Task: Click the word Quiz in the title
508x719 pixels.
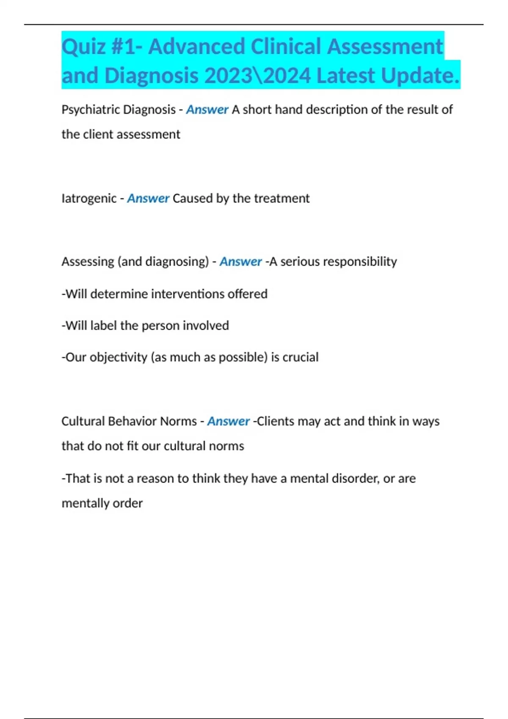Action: point(83,47)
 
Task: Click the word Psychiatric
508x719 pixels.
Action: point(90,110)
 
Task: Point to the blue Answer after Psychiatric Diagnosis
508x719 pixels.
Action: point(207,110)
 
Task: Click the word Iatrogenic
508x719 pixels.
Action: point(88,198)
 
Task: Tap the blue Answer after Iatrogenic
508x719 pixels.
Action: point(148,198)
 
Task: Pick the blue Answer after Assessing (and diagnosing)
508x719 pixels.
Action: point(240,262)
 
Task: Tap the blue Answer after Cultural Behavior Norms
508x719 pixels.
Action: point(228,421)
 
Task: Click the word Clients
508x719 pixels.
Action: point(275,421)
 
